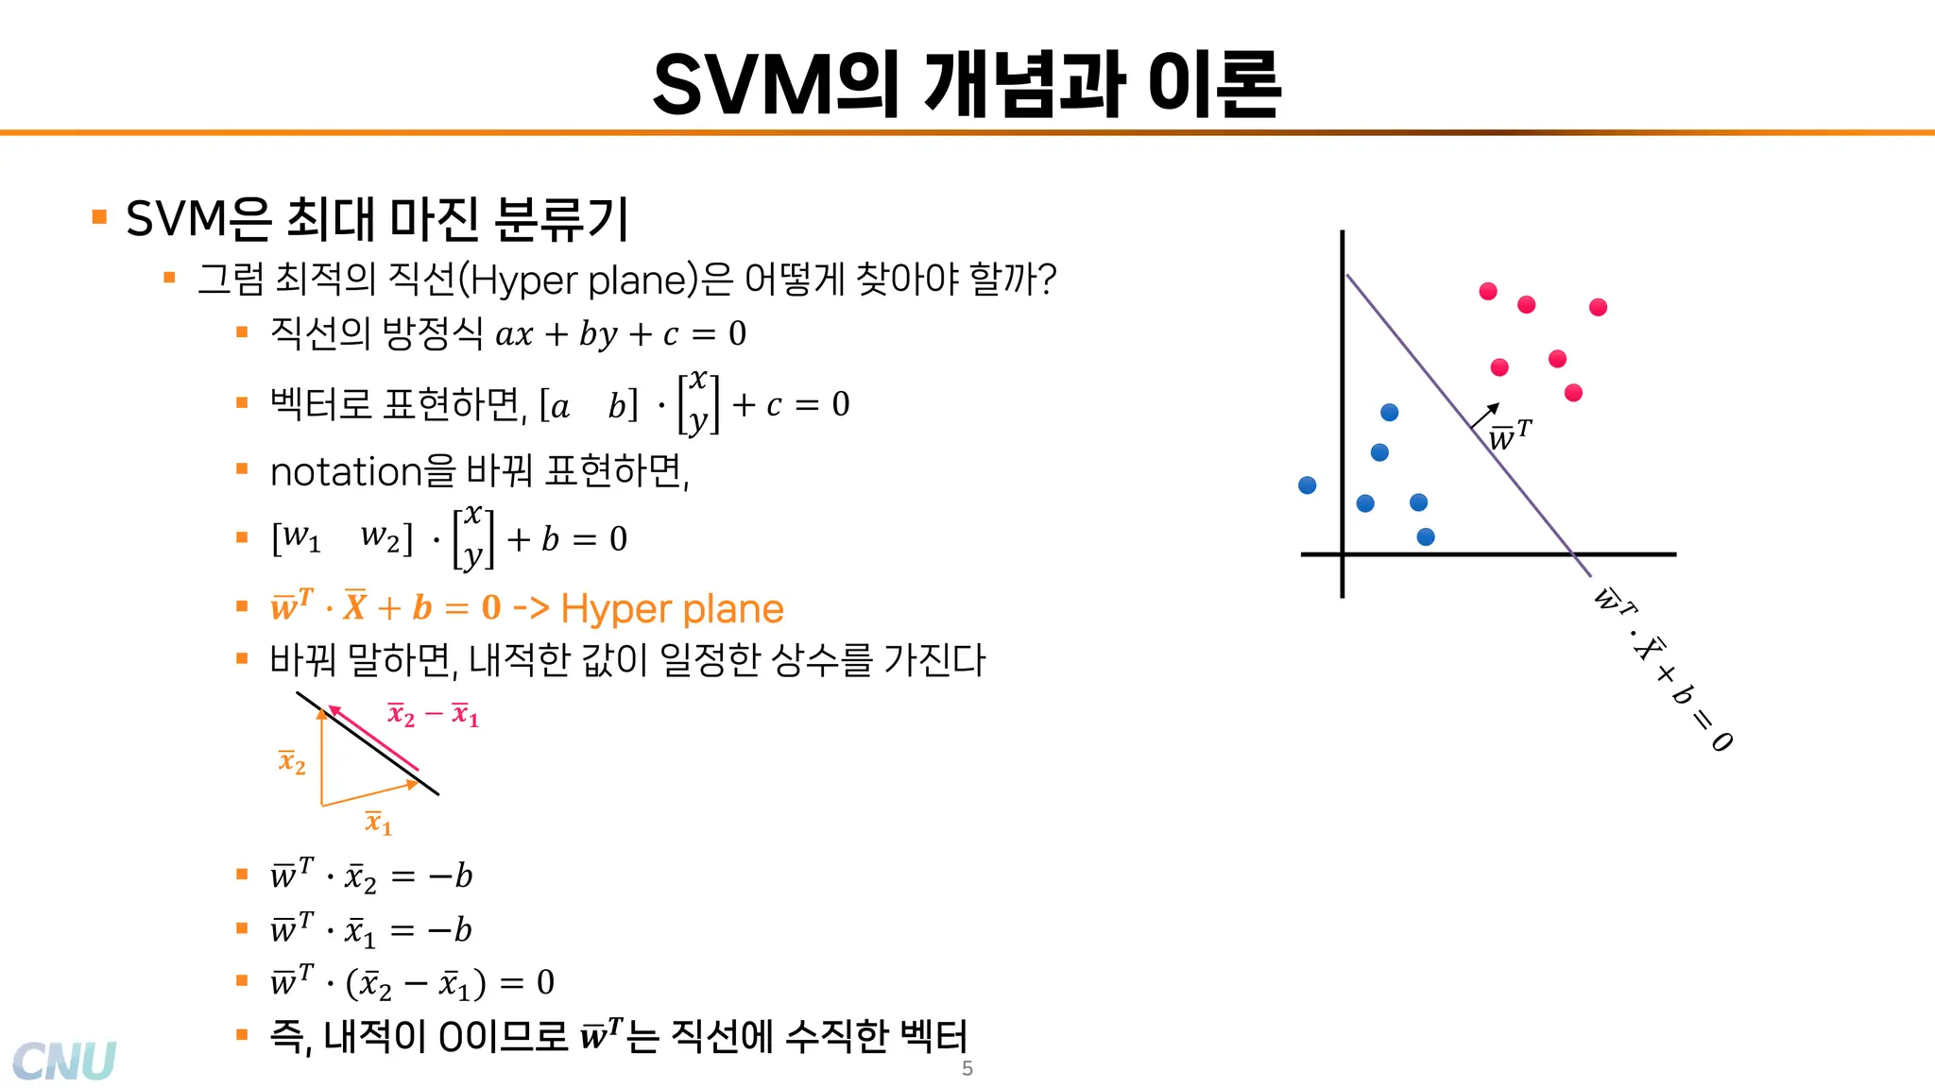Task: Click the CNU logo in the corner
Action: tap(64, 1060)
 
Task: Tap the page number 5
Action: tap(967, 1068)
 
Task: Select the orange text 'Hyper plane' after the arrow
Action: tap(672, 609)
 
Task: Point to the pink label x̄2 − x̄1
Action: tap(434, 715)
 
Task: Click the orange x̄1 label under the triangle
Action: tap(378, 823)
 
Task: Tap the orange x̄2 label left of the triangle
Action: tap(292, 761)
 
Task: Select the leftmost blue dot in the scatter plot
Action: tap(1308, 485)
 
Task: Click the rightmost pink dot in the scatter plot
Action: tap(1598, 307)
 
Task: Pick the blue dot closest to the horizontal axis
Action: tap(1426, 537)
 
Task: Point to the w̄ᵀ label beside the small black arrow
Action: tap(1510, 435)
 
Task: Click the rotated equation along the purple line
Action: tap(1664, 670)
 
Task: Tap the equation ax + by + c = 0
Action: tap(621, 334)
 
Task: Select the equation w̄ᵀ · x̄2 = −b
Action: tap(371, 876)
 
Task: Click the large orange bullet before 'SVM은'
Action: tap(99, 217)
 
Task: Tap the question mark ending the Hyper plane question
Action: tap(1046, 280)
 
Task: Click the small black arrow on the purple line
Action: tap(1484, 416)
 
